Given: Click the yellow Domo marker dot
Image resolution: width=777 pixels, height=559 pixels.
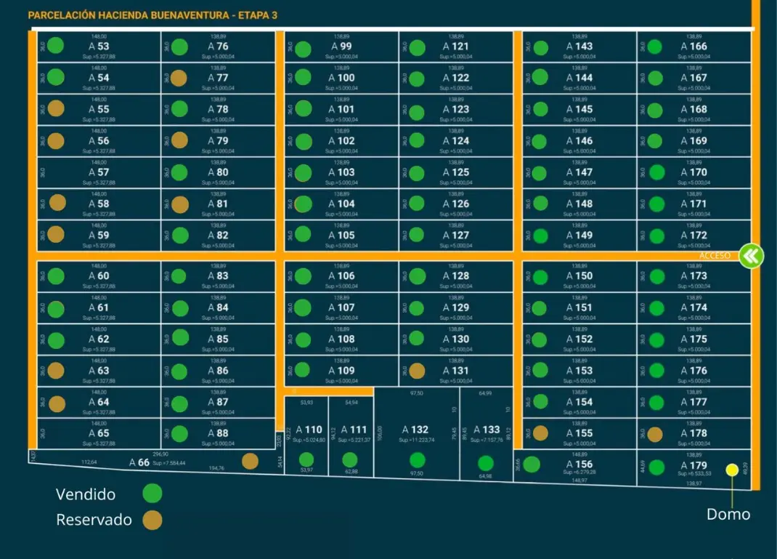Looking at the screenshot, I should (x=732, y=470).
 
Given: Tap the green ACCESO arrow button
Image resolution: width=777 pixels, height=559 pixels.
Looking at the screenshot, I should (x=751, y=256).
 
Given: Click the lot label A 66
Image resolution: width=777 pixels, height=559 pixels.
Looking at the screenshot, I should (x=139, y=462).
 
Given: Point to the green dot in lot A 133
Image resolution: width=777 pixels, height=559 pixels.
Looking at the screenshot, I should (x=486, y=463).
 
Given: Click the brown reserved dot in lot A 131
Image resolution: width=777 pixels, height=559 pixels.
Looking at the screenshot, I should (x=417, y=371).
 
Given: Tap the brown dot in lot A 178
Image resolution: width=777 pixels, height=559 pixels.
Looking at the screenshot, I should (x=655, y=434).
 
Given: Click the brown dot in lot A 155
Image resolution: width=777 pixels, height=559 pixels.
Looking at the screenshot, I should (x=540, y=433).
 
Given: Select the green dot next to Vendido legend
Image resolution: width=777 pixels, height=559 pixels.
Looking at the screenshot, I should (x=152, y=494).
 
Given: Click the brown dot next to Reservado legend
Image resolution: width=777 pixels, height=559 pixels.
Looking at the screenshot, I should (x=152, y=520).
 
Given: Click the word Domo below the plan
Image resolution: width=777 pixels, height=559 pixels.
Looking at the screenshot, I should (x=728, y=515).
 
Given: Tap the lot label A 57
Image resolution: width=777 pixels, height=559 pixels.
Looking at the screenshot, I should (x=99, y=172).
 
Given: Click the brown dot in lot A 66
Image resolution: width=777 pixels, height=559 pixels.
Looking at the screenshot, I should (x=250, y=461).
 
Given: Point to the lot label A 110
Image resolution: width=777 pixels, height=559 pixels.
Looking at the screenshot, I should (x=309, y=430).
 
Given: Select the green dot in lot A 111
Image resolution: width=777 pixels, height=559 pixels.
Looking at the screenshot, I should (x=350, y=459).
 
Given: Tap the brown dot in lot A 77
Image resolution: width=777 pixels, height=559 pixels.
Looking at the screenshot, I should (x=179, y=78).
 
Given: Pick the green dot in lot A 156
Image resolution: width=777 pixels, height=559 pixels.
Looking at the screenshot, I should (x=532, y=465).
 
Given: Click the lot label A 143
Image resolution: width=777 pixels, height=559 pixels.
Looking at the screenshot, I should (x=579, y=47).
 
